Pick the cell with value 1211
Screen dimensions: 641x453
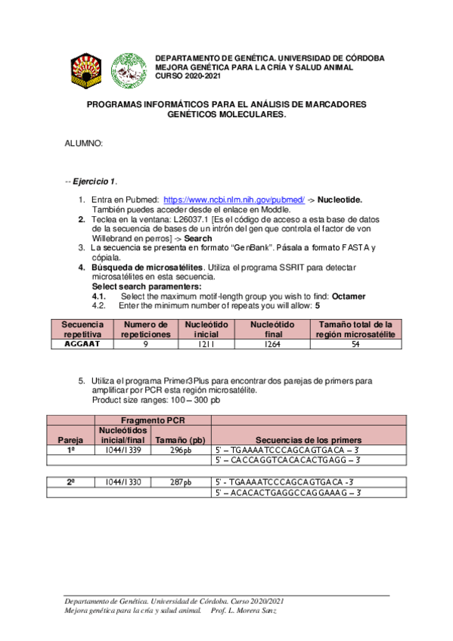point(200,344)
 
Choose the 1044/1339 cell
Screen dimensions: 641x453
point(122,450)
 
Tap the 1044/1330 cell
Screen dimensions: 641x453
point(122,482)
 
